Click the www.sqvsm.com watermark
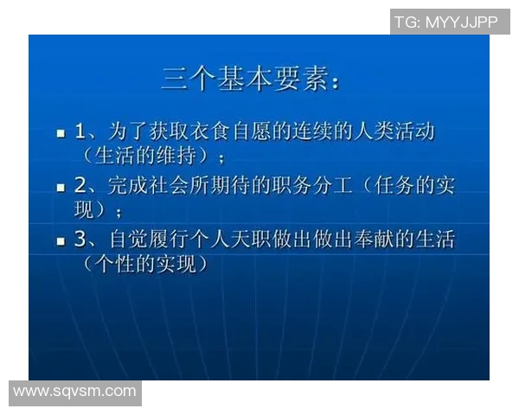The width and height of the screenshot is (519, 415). [74, 392]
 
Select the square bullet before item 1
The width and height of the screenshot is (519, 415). [61, 134]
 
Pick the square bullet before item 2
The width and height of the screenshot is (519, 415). [61, 187]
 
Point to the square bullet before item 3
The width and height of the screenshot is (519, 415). [61, 240]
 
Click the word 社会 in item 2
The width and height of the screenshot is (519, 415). [171, 185]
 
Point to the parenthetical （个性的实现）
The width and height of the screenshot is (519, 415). [146, 263]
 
